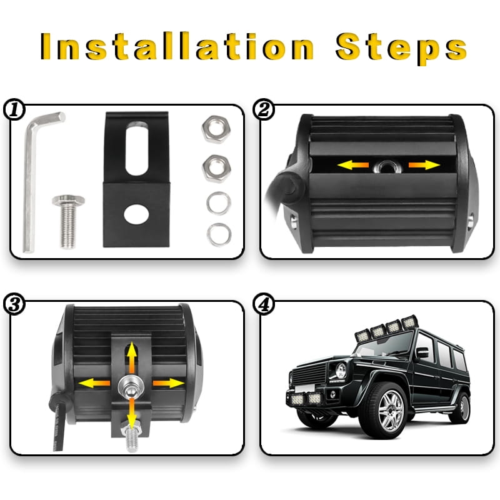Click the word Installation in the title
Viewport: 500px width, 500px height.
point(177,46)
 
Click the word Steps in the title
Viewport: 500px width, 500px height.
point(401,48)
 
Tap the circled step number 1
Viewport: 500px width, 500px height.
point(14,109)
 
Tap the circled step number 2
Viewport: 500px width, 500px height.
point(263,109)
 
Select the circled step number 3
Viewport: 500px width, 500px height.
point(14,304)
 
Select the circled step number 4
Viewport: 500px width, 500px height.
point(263,304)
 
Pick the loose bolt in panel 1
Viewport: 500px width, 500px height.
point(68,221)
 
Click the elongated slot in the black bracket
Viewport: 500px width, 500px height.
point(137,148)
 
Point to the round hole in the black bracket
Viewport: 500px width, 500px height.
point(136,214)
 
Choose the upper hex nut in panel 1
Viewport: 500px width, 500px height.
point(216,129)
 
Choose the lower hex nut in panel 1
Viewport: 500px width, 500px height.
point(216,169)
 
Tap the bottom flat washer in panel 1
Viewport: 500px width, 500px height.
point(219,235)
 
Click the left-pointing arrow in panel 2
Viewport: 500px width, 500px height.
point(352,165)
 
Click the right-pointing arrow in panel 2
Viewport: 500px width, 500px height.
point(424,165)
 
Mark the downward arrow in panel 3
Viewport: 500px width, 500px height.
point(131,413)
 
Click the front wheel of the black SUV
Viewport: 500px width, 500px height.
point(388,411)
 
